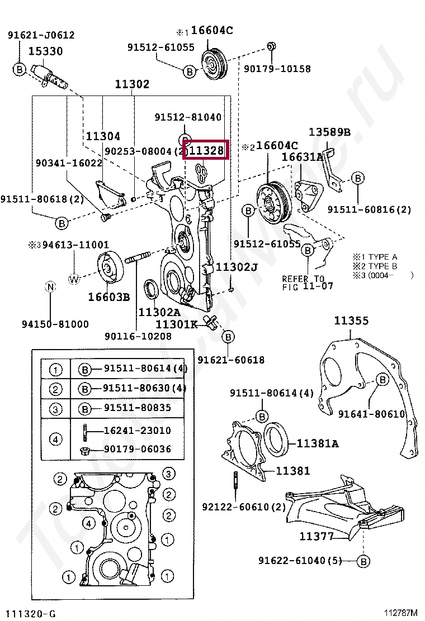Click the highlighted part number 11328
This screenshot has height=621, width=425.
pos(206,150)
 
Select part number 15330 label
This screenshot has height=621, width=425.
pos(45,51)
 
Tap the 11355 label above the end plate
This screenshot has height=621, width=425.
pos(351,321)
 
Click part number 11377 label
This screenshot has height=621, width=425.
pos(317,536)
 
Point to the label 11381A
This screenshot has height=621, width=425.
pos(317,444)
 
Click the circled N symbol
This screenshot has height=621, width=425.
pos(50,287)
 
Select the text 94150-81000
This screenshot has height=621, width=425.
pos(55,324)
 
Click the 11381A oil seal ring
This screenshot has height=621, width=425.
pos(276,438)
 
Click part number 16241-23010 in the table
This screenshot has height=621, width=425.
pos(137,431)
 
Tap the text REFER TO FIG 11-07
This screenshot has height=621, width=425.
pos(307,282)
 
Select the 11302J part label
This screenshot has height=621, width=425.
pos(237,267)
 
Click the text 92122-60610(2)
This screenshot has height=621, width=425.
pos(244,507)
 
